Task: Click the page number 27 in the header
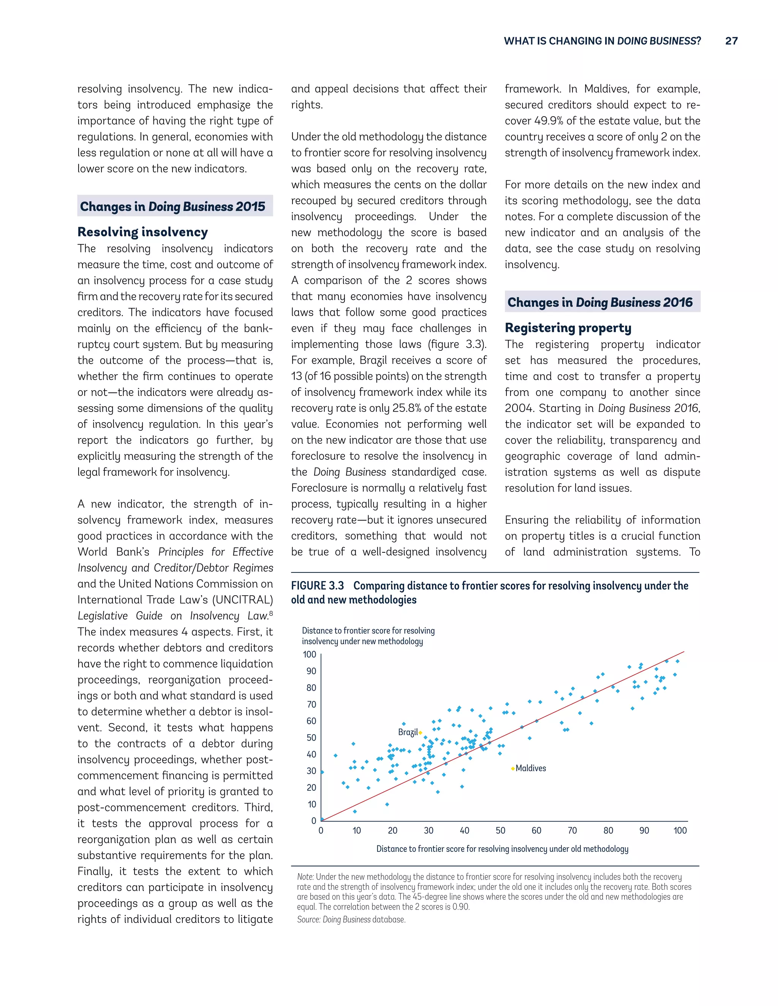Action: pos(731,41)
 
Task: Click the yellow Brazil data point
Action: pos(421,732)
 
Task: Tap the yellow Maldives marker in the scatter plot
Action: pos(512,768)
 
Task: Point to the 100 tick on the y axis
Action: pos(309,654)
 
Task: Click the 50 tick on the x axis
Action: pos(501,831)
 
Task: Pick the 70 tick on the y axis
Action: pos(311,704)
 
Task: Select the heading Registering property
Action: pos(568,328)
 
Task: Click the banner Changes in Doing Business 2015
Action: pos(173,207)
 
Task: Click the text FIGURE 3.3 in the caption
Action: pos(317,585)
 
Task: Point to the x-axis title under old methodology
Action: pos(502,849)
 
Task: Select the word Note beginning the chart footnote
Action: pos(305,877)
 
